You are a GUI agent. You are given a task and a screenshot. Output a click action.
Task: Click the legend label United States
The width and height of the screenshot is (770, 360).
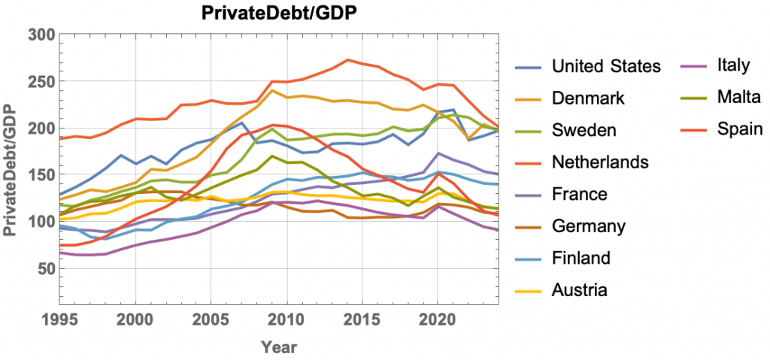tap(606, 66)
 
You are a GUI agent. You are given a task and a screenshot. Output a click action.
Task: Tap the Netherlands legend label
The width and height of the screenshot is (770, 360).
tap(599, 162)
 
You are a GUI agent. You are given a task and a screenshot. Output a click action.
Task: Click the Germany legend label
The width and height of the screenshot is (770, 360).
tap(587, 226)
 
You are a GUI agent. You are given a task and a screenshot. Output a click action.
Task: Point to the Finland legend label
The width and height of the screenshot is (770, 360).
tap(580, 259)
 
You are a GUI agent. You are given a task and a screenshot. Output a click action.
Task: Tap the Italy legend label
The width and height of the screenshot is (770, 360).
tap(733, 65)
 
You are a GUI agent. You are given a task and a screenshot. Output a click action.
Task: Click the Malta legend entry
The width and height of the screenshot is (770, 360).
tap(734, 98)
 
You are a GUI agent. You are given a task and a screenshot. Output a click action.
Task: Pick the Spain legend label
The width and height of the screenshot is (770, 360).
tap(735, 130)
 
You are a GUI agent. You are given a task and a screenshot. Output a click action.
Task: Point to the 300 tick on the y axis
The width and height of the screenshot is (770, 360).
tap(41, 34)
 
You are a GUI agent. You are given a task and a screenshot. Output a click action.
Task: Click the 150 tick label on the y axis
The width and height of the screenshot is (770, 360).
tap(41, 175)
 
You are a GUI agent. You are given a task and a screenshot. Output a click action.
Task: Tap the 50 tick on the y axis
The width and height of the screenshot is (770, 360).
tap(46, 268)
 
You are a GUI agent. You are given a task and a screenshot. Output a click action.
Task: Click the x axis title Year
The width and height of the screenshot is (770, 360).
tap(279, 346)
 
